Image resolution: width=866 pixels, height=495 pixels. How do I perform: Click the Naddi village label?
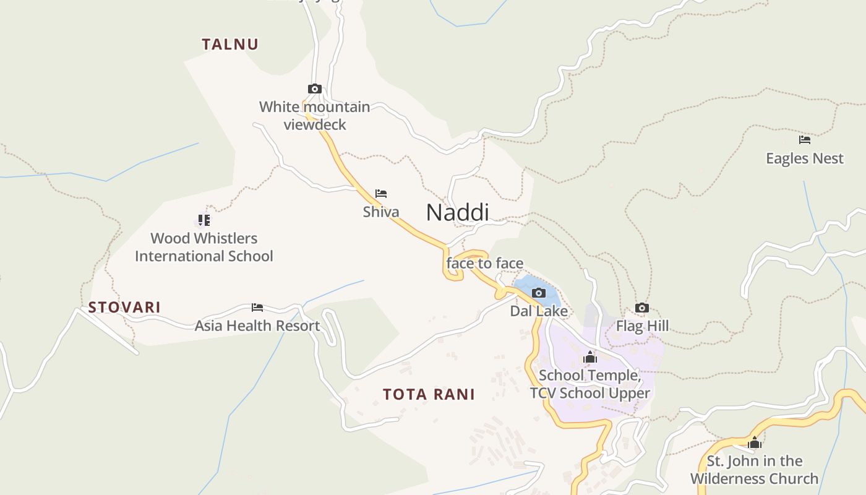[457, 212]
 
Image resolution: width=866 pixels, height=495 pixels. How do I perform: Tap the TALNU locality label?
[230, 44]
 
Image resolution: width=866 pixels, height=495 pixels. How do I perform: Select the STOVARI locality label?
[124, 307]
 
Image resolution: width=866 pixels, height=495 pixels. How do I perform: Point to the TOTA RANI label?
[429, 394]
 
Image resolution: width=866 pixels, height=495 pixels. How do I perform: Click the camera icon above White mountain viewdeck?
[315, 89]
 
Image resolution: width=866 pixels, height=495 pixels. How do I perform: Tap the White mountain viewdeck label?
[315, 116]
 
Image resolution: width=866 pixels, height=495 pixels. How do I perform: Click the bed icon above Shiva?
[381, 194]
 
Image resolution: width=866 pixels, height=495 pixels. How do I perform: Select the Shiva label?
[381, 212]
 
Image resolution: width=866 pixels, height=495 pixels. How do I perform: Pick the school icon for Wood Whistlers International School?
[204, 220]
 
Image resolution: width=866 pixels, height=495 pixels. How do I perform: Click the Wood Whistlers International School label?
[204, 247]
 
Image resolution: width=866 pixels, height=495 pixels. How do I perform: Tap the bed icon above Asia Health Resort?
[257, 308]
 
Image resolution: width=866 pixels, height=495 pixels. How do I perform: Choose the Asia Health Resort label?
[257, 325]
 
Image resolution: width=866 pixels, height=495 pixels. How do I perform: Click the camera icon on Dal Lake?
[539, 293]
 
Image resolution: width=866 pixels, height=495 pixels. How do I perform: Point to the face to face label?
[485, 264]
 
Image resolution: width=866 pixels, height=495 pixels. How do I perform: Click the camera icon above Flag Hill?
[642, 308]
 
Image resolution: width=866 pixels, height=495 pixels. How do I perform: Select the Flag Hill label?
[642, 325]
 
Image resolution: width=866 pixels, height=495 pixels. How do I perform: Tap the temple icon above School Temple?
[590, 357]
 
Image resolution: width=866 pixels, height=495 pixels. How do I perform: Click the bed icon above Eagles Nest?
[805, 140]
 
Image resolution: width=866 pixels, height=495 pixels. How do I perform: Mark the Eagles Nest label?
[805, 158]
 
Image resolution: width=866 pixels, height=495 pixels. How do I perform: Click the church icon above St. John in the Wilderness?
[754, 442]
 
